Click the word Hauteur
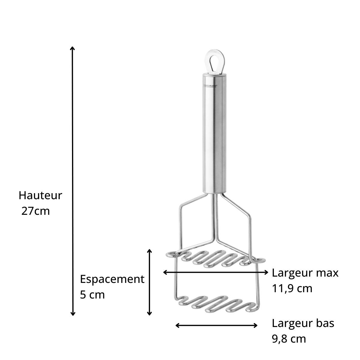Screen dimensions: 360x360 pyautogui.click(x=40, y=195)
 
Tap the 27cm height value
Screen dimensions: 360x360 pyautogui.click(x=35, y=211)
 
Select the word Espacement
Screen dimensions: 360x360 pyautogui.click(x=112, y=279)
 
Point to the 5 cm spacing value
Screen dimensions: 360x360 pyautogui.click(x=92, y=295)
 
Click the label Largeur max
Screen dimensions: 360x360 pyautogui.click(x=305, y=273)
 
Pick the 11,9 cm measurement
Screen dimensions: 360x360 pyautogui.click(x=292, y=289)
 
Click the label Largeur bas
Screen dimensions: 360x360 pyautogui.click(x=303, y=323)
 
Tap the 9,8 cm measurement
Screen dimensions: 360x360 pyautogui.click(x=289, y=339)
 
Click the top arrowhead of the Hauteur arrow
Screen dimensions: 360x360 pyautogui.click(x=72, y=48)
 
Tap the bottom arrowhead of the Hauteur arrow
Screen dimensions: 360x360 pyautogui.click(x=72, y=314)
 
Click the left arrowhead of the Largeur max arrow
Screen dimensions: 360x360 pyautogui.click(x=165, y=272)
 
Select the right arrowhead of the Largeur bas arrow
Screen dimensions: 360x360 pyautogui.click(x=256, y=325)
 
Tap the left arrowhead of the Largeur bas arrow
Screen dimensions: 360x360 pyautogui.click(x=177, y=325)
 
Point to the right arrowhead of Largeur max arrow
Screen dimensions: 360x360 pyautogui.click(x=266, y=272)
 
